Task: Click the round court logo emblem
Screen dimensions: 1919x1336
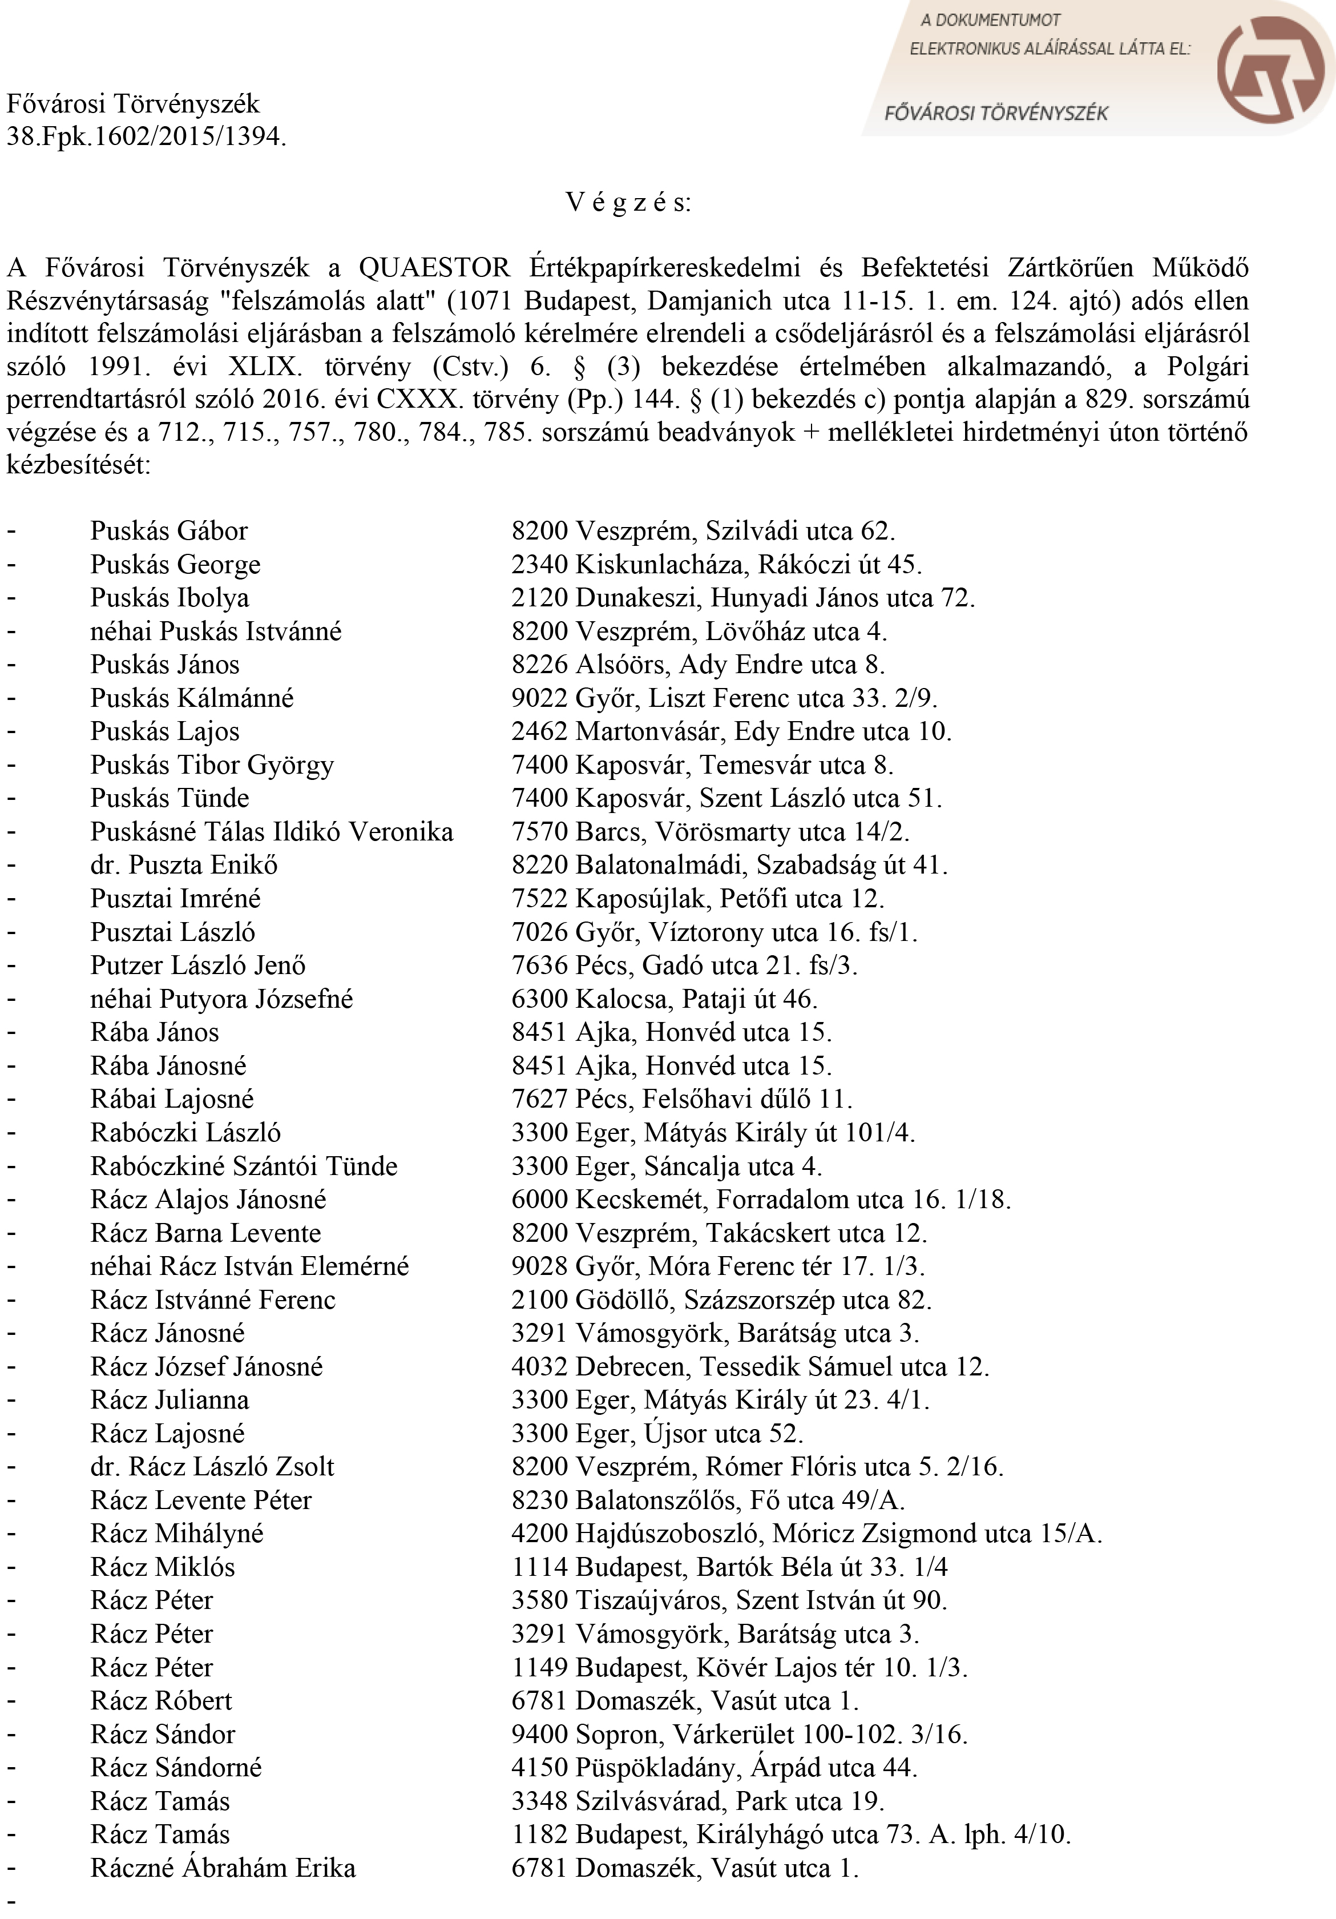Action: pyautogui.click(x=1268, y=68)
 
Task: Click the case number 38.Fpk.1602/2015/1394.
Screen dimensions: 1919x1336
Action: pyautogui.click(x=146, y=136)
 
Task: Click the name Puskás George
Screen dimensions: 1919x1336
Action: pyautogui.click(x=175, y=565)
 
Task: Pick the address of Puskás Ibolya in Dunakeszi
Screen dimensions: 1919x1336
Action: pyautogui.click(x=743, y=598)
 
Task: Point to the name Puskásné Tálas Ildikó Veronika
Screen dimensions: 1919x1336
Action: pyautogui.click(x=272, y=832)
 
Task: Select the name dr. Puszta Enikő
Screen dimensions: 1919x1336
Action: pyautogui.click(x=184, y=866)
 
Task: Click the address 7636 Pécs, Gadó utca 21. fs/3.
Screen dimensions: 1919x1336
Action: pyautogui.click(x=684, y=966)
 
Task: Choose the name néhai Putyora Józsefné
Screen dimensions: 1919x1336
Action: pyautogui.click(x=221, y=1000)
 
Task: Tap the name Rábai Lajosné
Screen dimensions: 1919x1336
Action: pyautogui.click(x=172, y=1100)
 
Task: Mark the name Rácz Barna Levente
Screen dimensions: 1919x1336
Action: pyautogui.click(x=205, y=1234)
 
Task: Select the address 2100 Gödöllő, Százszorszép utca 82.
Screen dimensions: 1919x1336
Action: pyautogui.click(x=721, y=1301)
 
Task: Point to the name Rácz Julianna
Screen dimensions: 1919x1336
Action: pyautogui.click(x=169, y=1401)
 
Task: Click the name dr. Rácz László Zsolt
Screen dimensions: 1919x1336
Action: pyautogui.click(x=212, y=1468)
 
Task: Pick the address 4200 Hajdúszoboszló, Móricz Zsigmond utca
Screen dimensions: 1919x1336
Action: pyautogui.click(x=806, y=1535)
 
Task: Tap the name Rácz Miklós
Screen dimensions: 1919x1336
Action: pyautogui.click(x=163, y=1568)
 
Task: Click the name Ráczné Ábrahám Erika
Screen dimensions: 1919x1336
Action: pyautogui.click(x=223, y=1869)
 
